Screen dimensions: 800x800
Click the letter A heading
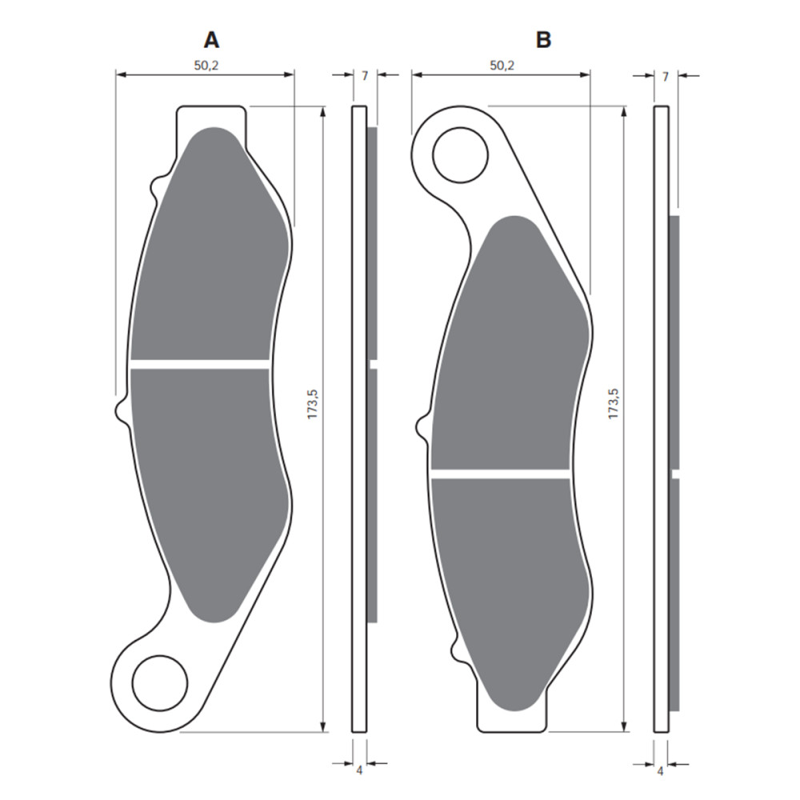[211, 39]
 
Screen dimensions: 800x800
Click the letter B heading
[544, 39]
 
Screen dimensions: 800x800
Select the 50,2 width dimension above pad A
[206, 66]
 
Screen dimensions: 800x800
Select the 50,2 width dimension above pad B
[501, 66]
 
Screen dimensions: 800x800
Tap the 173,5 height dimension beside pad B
[614, 405]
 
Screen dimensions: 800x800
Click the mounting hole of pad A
[159, 682]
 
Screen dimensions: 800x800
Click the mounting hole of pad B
[460, 154]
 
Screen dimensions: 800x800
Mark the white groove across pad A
[200, 364]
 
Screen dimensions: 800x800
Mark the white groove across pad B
[500, 474]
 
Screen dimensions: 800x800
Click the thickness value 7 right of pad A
[365, 76]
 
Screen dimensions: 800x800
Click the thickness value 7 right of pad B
[666, 76]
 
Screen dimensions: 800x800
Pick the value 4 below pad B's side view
[660, 771]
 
